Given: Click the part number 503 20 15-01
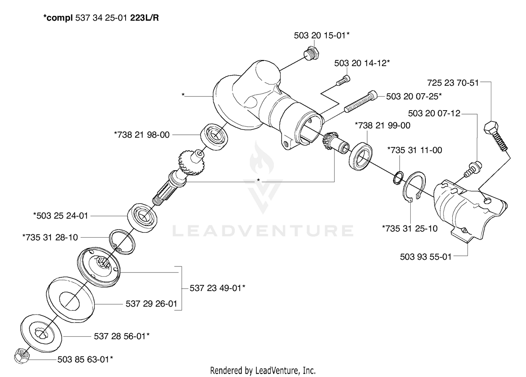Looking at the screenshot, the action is pyautogui.click(x=322, y=35).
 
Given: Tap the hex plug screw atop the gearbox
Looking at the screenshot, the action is pyautogui.click(x=311, y=53).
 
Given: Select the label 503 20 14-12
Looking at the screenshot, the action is pyautogui.click(x=362, y=63).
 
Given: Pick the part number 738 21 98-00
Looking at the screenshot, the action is pyautogui.click(x=142, y=135).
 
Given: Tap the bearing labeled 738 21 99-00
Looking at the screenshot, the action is pyautogui.click(x=360, y=156).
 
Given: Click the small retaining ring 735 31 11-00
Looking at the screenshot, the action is pyautogui.click(x=398, y=178).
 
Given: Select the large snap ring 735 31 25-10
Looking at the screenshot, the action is pyautogui.click(x=414, y=187).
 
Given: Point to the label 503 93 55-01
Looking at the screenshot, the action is pyautogui.click(x=426, y=257).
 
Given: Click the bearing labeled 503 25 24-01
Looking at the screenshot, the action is pyautogui.click(x=142, y=218).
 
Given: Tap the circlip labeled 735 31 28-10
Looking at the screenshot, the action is pyautogui.click(x=122, y=242).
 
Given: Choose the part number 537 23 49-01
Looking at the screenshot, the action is pyautogui.click(x=217, y=288).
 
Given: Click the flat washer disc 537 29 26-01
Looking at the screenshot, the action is pyautogui.click(x=70, y=299).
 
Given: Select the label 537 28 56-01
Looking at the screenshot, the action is pyautogui.click(x=122, y=336).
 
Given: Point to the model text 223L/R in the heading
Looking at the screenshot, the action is pyautogui.click(x=144, y=18).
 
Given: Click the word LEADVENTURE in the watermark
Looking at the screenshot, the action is pyautogui.click(x=263, y=231).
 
